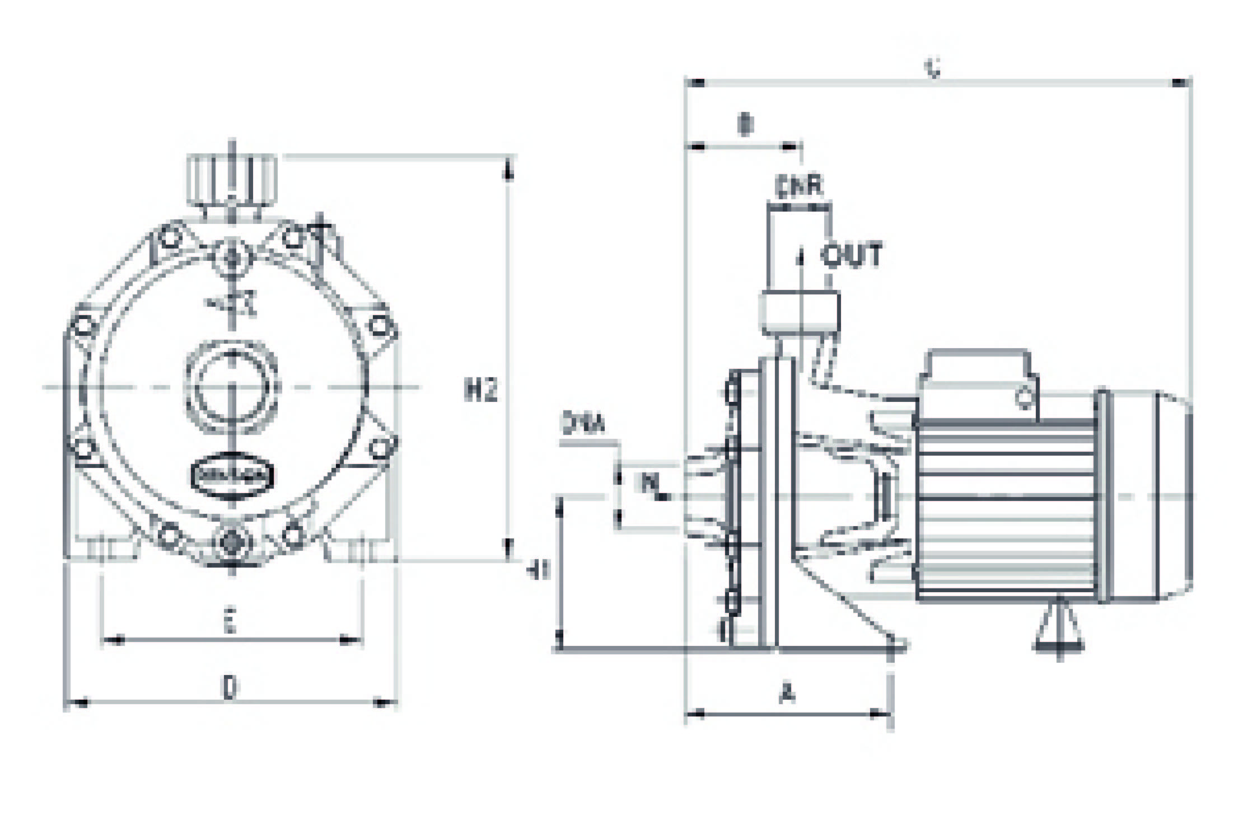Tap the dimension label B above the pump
[745, 125]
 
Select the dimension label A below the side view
[787, 694]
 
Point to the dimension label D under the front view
[228, 687]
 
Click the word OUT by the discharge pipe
[851, 255]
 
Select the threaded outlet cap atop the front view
[232, 180]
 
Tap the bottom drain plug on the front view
[231, 541]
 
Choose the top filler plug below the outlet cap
[232, 257]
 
